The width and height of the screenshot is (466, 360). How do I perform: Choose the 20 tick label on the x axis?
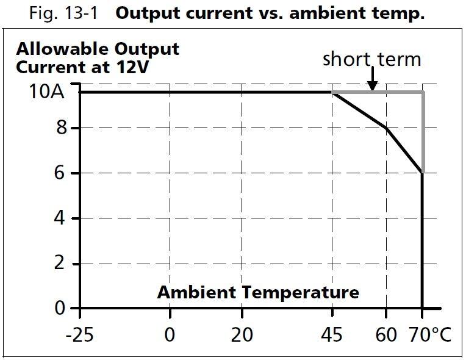pyautogui.click(x=242, y=335)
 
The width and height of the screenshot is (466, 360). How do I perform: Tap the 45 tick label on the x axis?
pyautogui.click(x=332, y=335)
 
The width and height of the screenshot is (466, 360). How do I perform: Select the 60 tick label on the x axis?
pyautogui.click(x=385, y=335)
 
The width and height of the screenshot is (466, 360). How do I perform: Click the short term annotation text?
pyautogui.click(x=371, y=59)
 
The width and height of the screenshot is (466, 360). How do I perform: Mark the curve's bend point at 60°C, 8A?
pyautogui.click(x=386, y=128)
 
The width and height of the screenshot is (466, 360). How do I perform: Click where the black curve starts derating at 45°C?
pyautogui.click(x=332, y=92)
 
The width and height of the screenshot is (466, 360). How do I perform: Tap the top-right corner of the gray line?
pyautogui.click(x=423, y=92)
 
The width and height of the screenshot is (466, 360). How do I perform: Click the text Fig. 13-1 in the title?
pyautogui.click(x=63, y=14)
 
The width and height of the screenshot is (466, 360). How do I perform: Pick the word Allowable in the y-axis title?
pyautogui.click(x=54, y=49)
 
